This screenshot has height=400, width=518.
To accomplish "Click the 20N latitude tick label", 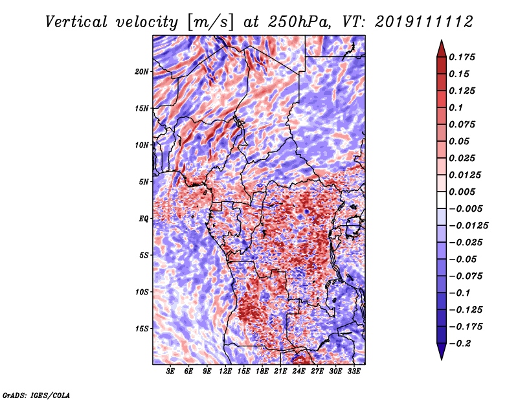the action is (x=142, y=72).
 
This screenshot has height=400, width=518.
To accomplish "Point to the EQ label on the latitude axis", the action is (x=144, y=219).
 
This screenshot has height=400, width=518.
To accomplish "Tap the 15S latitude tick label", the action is (x=142, y=329).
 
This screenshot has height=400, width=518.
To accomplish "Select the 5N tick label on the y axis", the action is (x=144, y=182).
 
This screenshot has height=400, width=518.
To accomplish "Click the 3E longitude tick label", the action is (x=170, y=372).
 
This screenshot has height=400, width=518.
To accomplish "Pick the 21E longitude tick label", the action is (x=280, y=372).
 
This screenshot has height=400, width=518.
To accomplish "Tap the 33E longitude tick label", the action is (x=354, y=372).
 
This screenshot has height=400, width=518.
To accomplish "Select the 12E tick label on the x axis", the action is (x=225, y=372).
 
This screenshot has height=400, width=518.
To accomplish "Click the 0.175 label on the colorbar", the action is (x=462, y=57).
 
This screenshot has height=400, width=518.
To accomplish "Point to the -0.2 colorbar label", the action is (x=460, y=344).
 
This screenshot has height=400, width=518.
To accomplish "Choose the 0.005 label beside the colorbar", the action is (x=462, y=192).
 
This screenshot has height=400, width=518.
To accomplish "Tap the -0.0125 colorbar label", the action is (x=468, y=226).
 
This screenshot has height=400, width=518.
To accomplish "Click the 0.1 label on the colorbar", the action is (x=456, y=107).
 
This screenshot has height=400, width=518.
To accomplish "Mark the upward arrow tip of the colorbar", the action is (x=442, y=40).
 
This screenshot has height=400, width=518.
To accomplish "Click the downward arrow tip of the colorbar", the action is (x=442, y=359).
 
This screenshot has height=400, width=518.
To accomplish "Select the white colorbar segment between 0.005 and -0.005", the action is (x=442, y=200).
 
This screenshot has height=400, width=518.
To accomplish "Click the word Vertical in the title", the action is (x=76, y=22).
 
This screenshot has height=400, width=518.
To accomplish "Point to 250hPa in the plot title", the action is (x=299, y=22).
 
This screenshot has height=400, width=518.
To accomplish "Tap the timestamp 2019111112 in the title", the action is (x=424, y=22).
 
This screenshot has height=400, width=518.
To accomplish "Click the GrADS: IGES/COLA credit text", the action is (x=36, y=395).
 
